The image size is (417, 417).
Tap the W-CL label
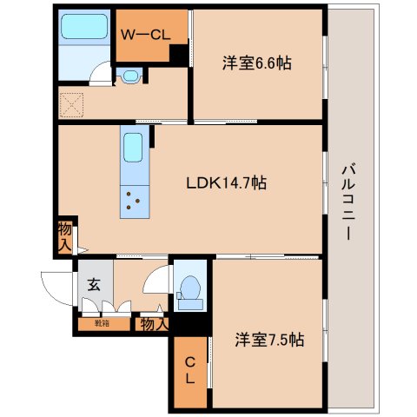145,35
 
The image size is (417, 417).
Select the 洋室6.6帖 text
255,63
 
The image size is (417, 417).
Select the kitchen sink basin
133,149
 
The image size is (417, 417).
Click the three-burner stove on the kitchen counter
133,202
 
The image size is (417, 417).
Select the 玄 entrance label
94,282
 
